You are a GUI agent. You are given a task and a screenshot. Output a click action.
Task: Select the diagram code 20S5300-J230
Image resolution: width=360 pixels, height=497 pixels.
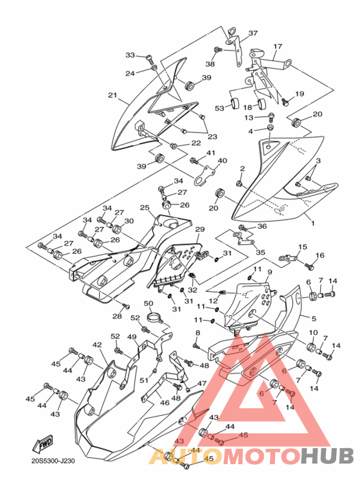point(53,460)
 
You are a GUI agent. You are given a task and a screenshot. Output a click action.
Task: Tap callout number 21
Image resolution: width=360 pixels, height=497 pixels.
point(113,95)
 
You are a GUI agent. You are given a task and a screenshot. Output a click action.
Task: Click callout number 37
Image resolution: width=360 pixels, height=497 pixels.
point(253,33)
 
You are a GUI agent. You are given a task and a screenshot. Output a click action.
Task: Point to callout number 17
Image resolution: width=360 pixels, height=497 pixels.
point(278,46)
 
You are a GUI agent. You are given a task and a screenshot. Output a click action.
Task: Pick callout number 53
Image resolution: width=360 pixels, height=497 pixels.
point(220,109)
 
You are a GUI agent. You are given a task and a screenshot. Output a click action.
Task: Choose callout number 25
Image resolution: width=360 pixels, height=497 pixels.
point(145,208)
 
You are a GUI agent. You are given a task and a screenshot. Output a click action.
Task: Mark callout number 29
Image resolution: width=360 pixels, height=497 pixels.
point(200,229)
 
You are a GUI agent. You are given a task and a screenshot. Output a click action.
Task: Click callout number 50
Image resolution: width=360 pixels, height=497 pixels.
point(148,303)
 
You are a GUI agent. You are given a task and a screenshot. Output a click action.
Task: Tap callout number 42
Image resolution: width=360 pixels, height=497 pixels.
point(97,345)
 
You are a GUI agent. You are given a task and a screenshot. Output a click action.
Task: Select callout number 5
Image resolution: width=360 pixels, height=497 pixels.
point(314,318)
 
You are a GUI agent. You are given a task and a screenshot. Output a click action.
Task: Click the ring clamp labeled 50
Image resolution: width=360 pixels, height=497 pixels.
point(155,317)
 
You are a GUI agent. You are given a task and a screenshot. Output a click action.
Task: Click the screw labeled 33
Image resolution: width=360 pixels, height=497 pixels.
point(149,58)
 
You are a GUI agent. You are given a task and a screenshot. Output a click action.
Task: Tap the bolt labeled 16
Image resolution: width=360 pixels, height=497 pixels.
point(309,266)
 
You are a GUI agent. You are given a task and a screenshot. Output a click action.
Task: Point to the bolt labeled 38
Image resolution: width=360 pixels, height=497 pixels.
point(219,50)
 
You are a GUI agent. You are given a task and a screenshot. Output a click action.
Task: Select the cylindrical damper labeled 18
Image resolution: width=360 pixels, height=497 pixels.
point(262,104)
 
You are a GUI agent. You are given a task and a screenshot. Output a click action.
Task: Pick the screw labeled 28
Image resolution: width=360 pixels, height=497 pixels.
point(126,306)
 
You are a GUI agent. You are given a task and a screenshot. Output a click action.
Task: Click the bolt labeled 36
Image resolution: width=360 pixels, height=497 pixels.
point(243,227)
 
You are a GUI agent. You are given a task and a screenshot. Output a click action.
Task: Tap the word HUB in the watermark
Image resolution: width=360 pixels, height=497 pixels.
point(327,456)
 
